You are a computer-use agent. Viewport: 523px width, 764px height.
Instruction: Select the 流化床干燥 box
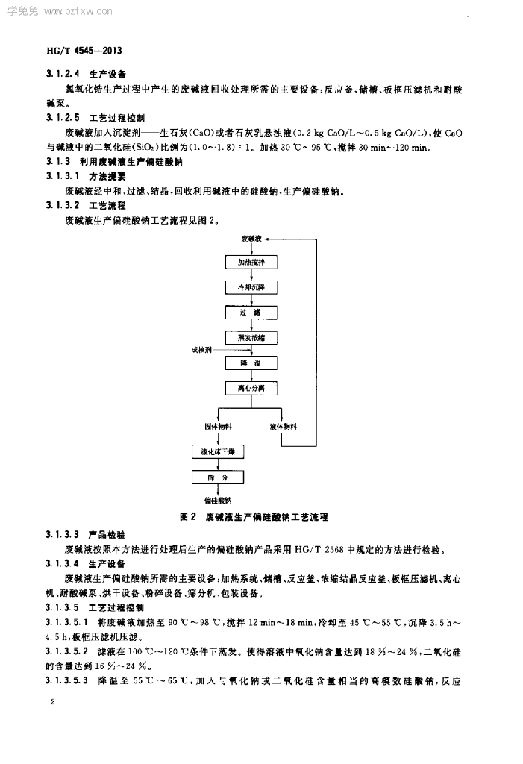[x=218, y=452]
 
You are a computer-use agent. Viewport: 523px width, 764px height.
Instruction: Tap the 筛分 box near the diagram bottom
[x=218, y=477]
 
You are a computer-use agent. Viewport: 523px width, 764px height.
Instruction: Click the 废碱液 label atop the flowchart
[x=251, y=238]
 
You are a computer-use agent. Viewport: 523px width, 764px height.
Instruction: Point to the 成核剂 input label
[x=201, y=349]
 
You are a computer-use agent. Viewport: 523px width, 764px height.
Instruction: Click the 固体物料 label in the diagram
[x=218, y=427]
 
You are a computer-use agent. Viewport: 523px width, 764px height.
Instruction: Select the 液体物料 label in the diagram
[x=283, y=427]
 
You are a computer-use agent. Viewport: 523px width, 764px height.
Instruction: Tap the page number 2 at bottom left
[x=51, y=702]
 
